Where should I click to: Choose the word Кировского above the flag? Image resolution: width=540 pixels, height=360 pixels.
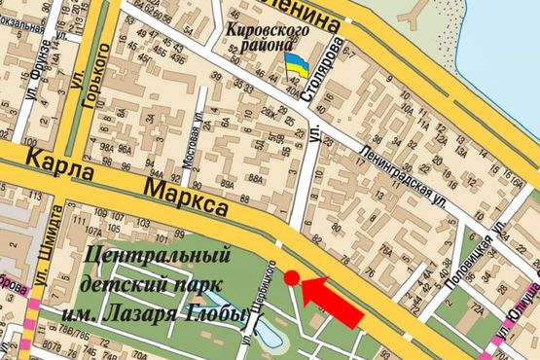point(268,31)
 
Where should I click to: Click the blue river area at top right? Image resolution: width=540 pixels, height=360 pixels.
point(496,39)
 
